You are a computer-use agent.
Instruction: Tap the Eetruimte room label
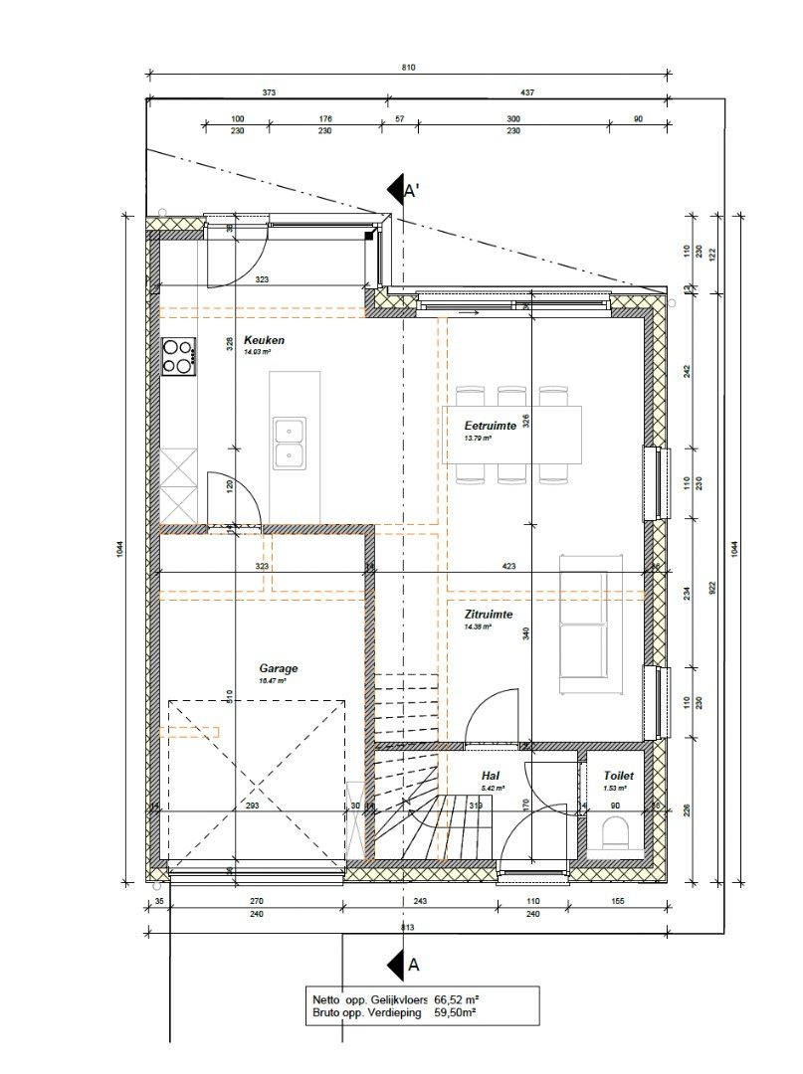(x=490, y=425)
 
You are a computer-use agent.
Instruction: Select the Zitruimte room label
(x=489, y=615)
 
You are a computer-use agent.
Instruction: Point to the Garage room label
(x=279, y=669)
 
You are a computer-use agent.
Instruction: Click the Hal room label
(x=491, y=776)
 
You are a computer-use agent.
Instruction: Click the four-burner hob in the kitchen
(x=179, y=357)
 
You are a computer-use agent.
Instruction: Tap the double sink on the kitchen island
(x=291, y=444)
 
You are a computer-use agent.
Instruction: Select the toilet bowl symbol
(x=616, y=831)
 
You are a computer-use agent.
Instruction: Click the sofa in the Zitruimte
(x=583, y=625)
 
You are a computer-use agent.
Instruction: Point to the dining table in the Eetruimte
(x=511, y=435)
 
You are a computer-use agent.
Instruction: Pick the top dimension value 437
(x=526, y=92)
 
